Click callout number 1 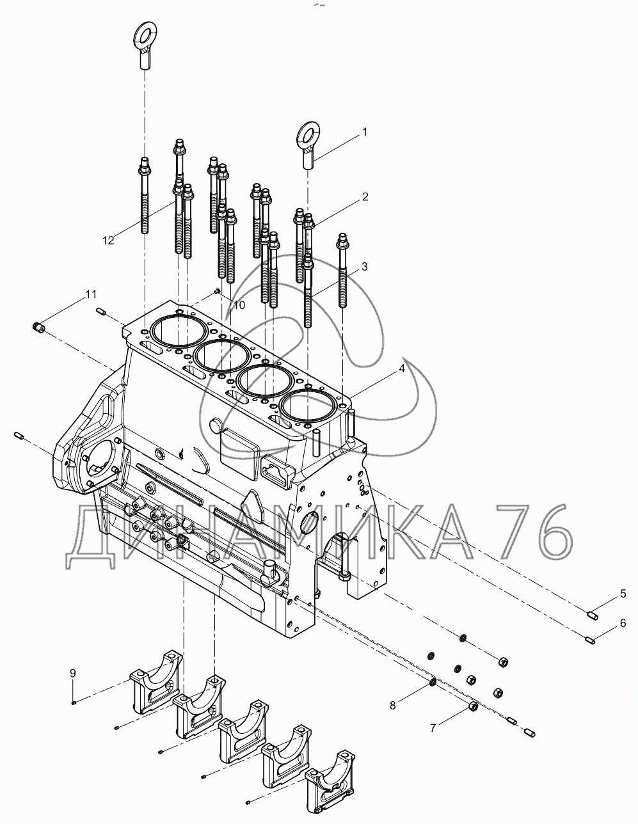(x=365, y=132)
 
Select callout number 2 (x=365, y=197)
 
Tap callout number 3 (x=364, y=267)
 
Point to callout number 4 (x=402, y=369)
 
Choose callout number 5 (x=622, y=594)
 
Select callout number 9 (x=73, y=673)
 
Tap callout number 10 (x=238, y=305)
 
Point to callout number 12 (x=108, y=240)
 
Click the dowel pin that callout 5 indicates (x=592, y=615)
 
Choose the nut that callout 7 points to (x=474, y=706)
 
